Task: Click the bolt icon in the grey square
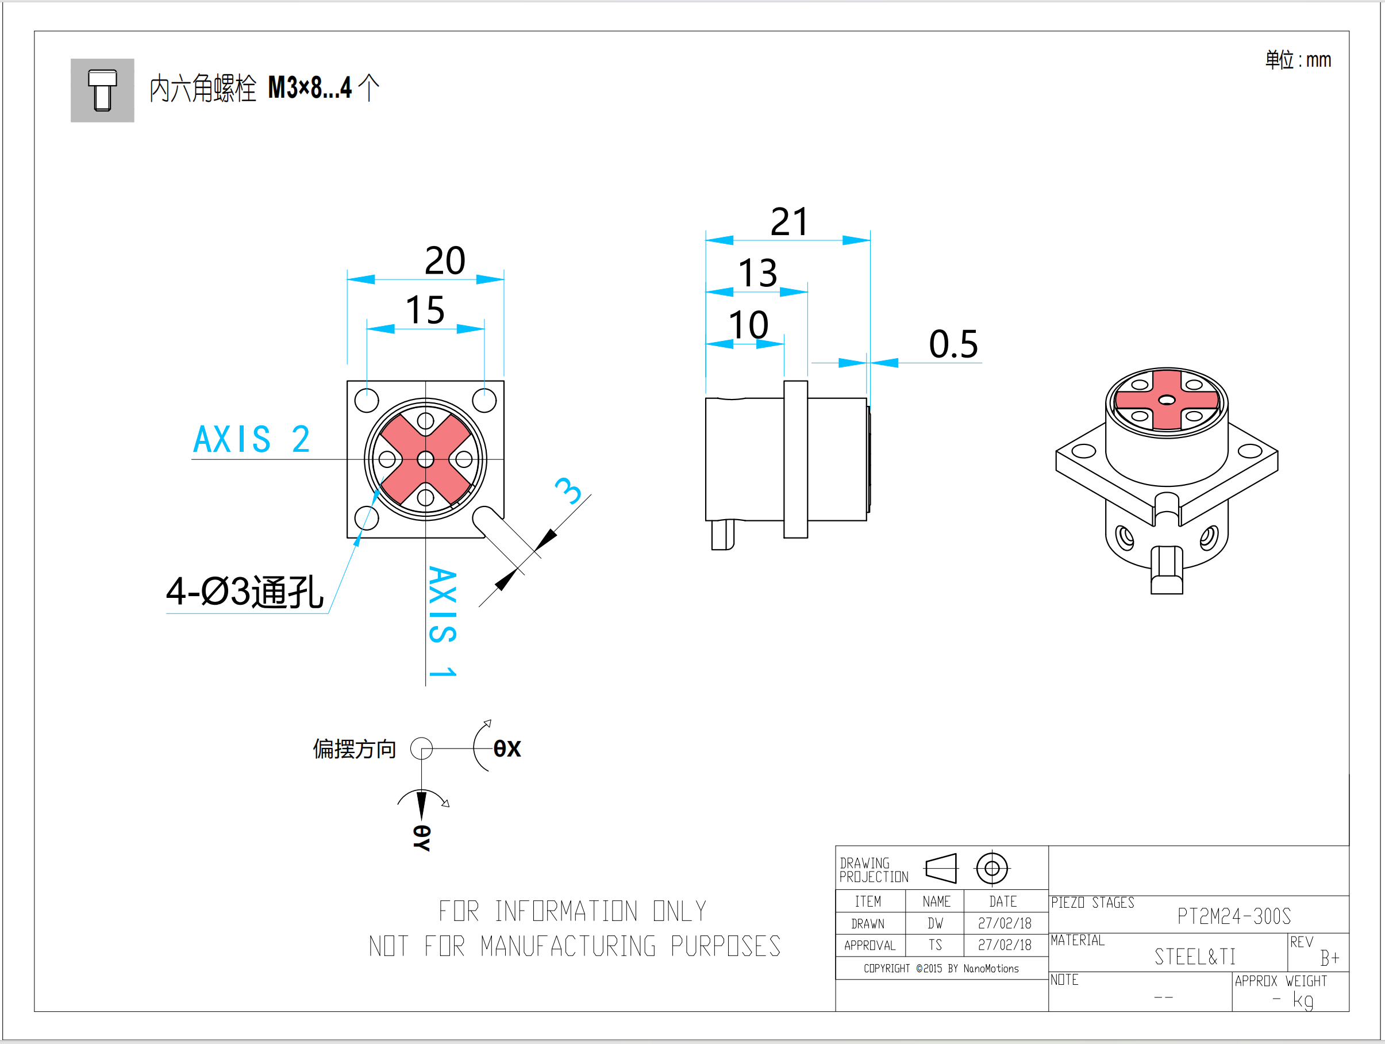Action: (102, 90)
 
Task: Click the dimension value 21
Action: (789, 222)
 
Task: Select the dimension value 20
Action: (445, 260)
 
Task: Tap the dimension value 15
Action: (425, 310)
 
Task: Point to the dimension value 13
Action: (757, 273)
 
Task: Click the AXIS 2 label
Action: (251, 439)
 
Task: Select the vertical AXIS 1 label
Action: (443, 621)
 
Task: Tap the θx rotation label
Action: (506, 749)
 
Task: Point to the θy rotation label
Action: (422, 838)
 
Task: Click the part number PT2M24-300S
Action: (1233, 917)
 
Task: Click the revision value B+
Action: (1329, 958)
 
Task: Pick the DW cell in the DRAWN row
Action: (935, 924)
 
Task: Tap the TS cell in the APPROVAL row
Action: (935, 945)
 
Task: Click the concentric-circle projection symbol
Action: (992, 869)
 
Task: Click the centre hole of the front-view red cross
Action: (426, 459)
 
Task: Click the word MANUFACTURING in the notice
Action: (568, 946)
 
